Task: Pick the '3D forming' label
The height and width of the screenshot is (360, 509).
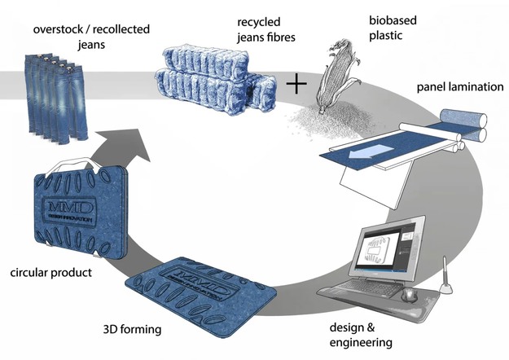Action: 129,331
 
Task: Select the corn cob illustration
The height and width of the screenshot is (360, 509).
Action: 334,78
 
